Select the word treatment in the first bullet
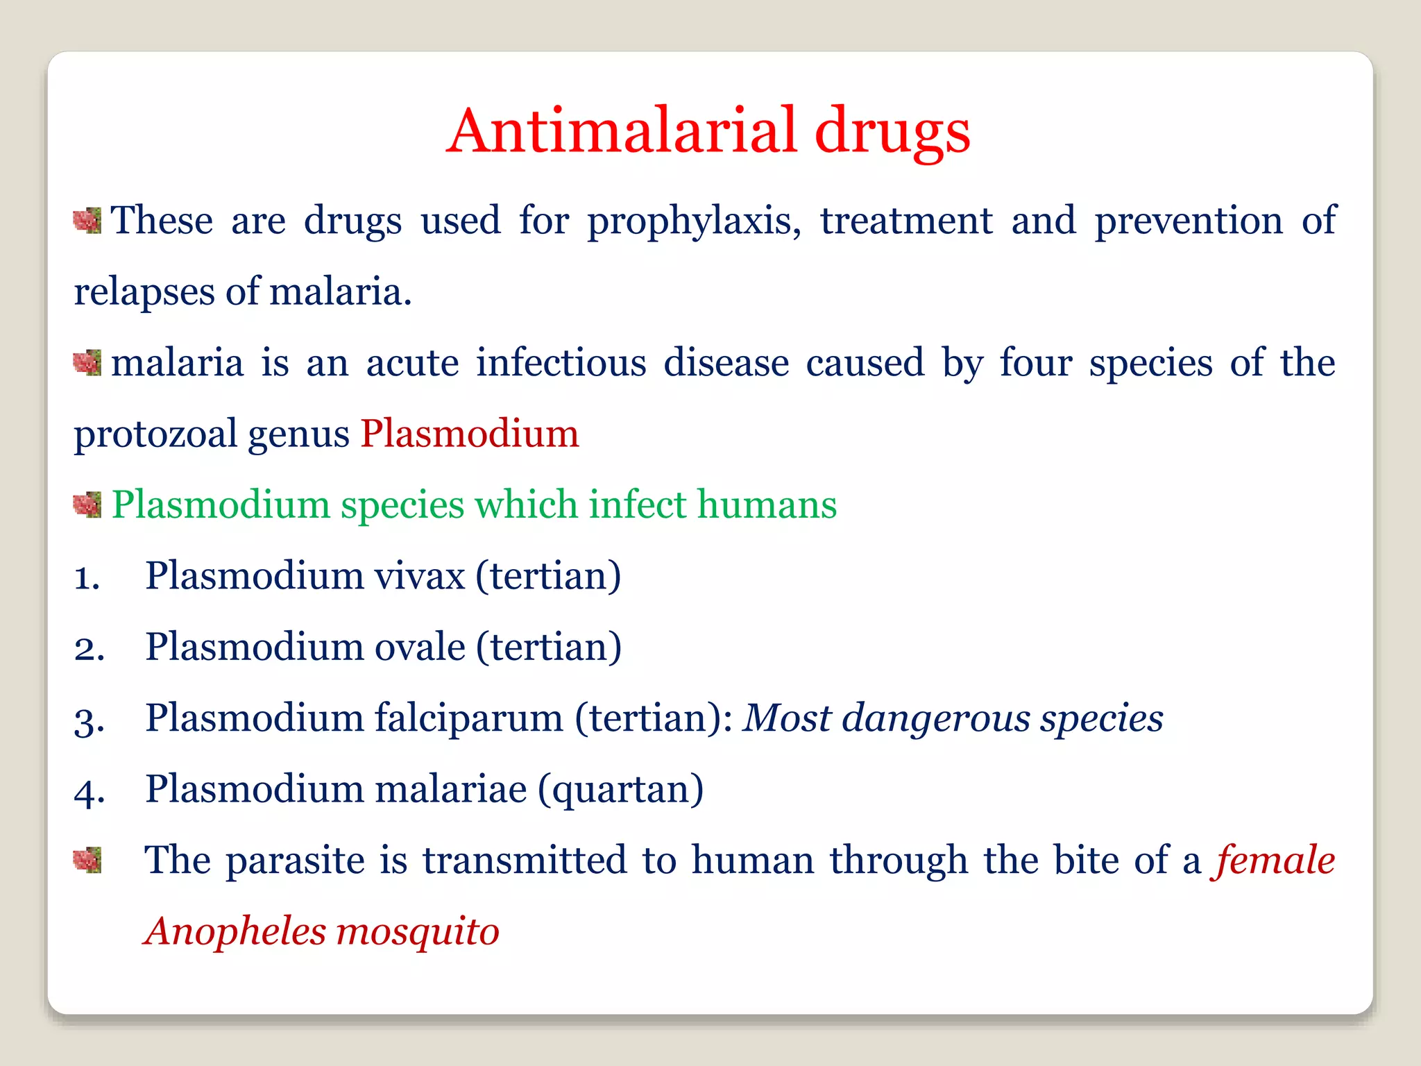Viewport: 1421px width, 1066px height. click(x=906, y=221)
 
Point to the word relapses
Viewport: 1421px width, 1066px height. click(x=144, y=291)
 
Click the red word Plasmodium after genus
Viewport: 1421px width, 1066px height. click(x=469, y=434)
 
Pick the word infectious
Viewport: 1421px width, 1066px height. click(x=561, y=362)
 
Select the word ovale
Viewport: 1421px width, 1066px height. click(x=420, y=647)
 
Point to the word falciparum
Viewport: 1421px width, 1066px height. click(x=468, y=718)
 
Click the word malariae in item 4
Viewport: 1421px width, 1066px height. click(x=451, y=789)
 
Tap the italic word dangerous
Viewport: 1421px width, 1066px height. click(x=935, y=718)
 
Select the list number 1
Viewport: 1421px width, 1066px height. click(x=87, y=578)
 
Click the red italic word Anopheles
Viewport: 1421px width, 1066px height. click(x=235, y=931)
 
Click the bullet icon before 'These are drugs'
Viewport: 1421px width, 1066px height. click(x=87, y=221)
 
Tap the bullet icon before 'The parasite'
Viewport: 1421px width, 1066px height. click(x=87, y=861)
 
